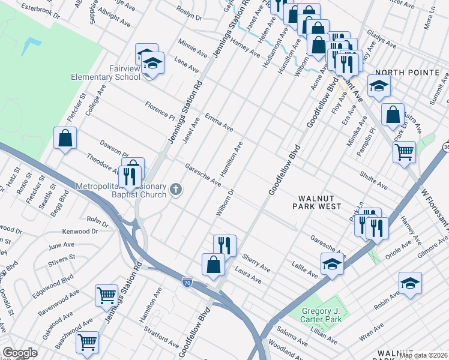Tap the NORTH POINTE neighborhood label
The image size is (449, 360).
pos(414,73)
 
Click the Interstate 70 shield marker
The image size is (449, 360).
pos(187,281)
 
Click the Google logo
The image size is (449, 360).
pos(20,352)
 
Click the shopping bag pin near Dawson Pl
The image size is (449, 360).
pos(65,138)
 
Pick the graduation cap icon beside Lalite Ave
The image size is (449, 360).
pos(332,264)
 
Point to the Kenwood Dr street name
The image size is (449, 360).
pos(80,232)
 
